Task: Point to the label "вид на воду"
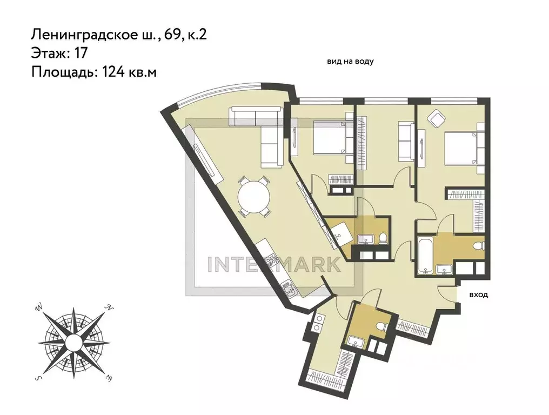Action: click(350, 62)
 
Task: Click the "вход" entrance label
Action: click(479, 295)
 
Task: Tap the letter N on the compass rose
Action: click(109, 308)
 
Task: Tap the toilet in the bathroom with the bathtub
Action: click(477, 246)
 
